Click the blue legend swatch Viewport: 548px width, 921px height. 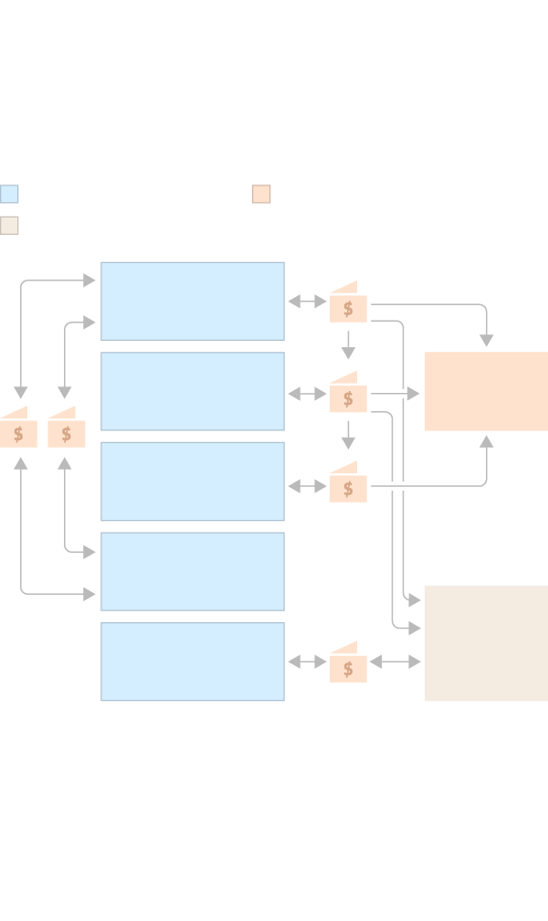(9, 194)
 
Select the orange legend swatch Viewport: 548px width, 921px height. (261, 194)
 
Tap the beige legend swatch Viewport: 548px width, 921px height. (9, 225)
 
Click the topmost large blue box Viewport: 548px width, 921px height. (193, 302)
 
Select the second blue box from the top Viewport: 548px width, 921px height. (193, 391)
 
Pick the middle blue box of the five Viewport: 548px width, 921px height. (193, 482)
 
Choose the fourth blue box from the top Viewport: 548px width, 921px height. (193, 571)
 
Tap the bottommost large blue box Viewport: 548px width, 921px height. (193, 662)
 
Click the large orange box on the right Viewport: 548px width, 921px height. (486, 391)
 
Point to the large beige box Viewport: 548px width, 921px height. (486, 643)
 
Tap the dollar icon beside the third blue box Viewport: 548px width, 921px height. (348, 488)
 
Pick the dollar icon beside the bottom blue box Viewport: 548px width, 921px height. (348, 668)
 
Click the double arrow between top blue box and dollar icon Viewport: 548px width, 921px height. (307, 302)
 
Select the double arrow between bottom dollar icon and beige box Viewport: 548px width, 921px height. (395, 662)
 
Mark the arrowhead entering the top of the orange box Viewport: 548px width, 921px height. (486, 341)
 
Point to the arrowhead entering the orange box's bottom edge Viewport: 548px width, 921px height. (486, 441)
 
